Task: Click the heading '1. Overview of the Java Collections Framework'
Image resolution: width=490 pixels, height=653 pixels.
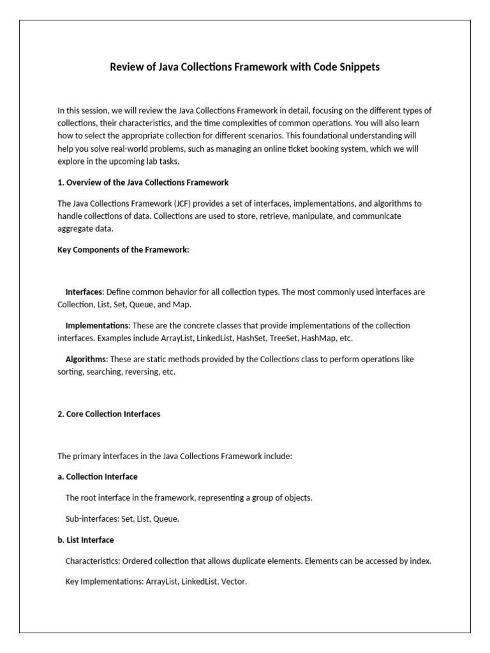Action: [143, 182]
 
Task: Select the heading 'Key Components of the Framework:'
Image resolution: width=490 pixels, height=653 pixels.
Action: [123, 249]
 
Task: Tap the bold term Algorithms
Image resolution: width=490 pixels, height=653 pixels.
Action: [85, 359]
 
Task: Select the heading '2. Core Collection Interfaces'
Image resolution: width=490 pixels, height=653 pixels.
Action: [108, 414]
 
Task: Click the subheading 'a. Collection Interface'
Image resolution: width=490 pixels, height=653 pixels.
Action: [97, 476]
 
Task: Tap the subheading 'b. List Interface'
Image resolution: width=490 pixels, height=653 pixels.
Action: [85, 539]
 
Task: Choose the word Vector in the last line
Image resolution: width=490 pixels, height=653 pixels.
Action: [233, 582]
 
